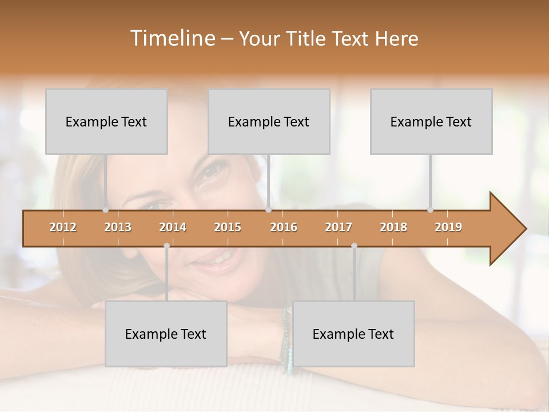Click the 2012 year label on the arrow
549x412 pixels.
(63, 227)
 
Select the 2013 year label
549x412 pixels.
(118, 227)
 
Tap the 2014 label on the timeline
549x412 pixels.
(173, 227)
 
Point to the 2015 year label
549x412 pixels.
(228, 227)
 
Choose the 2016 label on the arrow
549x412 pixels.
(284, 227)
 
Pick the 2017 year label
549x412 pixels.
(339, 227)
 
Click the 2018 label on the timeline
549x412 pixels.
(393, 227)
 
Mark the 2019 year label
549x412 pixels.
(448, 227)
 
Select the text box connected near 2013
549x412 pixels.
(106, 121)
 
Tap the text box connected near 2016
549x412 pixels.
(269, 121)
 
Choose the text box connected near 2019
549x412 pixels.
(431, 121)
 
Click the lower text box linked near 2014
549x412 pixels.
(166, 334)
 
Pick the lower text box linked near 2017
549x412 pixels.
(353, 334)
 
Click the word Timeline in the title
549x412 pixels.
(172, 38)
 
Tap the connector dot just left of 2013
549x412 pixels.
(106, 210)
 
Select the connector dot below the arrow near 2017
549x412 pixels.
(354, 246)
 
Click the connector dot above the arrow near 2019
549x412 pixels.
(431, 210)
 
